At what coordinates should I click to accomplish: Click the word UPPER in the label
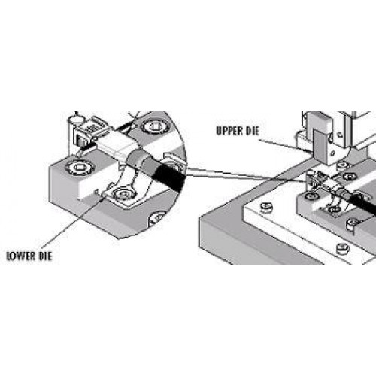pos(230,131)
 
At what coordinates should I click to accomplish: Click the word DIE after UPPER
pos(252,131)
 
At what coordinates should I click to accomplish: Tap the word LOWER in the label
pos(20,256)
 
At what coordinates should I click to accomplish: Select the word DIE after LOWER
pos(45,256)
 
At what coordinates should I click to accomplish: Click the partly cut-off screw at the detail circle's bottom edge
pos(157,218)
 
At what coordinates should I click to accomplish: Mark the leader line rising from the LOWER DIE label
pos(74,221)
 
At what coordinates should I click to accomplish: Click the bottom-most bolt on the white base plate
pos(343,248)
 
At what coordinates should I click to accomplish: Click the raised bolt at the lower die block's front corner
pos(352,224)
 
